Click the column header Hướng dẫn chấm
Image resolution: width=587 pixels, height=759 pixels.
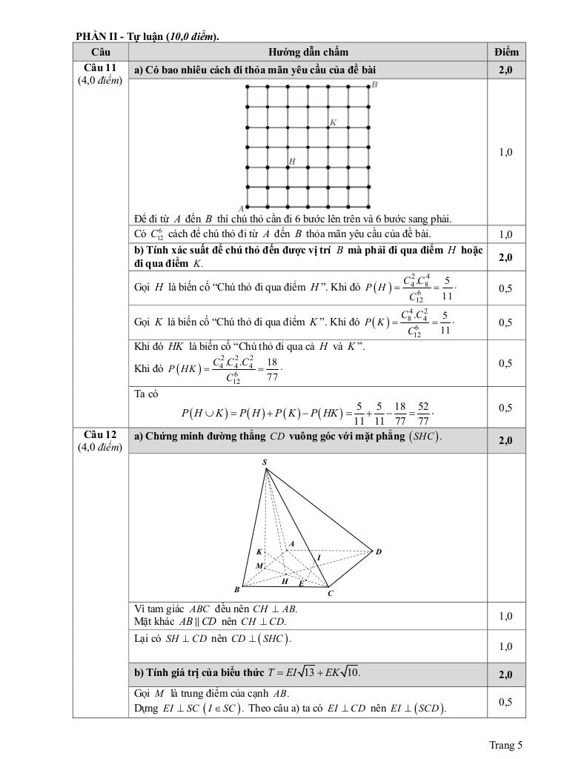(x=308, y=52)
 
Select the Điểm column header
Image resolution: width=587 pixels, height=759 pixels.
(x=506, y=52)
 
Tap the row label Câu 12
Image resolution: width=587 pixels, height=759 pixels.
(x=100, y=434)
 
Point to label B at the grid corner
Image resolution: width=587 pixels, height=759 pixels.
(x=374, y=84)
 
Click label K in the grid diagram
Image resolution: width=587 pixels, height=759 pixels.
(x=333, y=122)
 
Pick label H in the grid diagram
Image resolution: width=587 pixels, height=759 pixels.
(x=292, y=161)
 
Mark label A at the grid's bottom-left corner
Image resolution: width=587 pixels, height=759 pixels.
(x=241, y=209)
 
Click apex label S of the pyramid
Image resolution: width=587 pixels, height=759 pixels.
(x=265, y=462)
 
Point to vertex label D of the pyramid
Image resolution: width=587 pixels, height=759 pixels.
(x=378, y=551)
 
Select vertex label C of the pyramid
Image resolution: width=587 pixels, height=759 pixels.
(x=330, y=593)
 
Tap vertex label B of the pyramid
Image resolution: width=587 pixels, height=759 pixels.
(x=237, y=590)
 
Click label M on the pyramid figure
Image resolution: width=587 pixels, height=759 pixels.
(x=259, y=566)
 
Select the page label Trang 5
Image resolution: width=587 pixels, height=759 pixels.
(x=505, y=745)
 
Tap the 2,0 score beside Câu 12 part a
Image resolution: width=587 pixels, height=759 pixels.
(x=506, y=440)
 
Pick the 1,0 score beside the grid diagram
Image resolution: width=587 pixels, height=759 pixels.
(x=506, y=152)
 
